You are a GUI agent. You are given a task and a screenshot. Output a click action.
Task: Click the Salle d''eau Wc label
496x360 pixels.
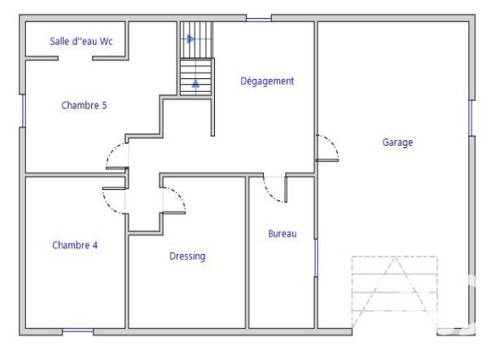[75, 40]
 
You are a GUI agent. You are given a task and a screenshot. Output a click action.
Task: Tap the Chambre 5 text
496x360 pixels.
[84, 104]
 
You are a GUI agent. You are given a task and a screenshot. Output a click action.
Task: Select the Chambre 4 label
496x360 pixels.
[75, 244]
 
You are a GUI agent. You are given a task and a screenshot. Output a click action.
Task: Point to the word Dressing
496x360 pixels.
[187, 256]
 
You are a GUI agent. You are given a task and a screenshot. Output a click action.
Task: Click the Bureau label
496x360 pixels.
[282, 234]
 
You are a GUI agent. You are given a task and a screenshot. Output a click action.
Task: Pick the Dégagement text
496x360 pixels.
[267, 81]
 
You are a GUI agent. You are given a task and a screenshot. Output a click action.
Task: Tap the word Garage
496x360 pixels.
[398, 142]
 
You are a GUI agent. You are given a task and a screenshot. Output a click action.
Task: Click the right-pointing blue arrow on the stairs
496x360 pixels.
[191, 37]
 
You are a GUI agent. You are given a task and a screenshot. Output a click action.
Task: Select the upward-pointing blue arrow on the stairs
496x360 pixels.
[195, 81]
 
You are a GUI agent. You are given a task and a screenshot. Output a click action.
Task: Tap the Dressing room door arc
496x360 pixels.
[176, 198]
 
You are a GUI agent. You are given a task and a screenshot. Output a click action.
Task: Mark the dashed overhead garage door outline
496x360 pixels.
[394, 290]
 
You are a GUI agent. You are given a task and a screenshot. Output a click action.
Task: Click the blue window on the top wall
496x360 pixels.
[258, 17]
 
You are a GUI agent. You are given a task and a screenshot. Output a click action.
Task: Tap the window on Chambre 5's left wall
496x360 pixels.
[22, 110]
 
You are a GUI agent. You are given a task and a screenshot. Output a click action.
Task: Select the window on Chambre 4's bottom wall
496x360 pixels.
[78, 331]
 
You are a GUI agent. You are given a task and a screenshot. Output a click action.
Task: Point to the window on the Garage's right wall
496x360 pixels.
[471, 118]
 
